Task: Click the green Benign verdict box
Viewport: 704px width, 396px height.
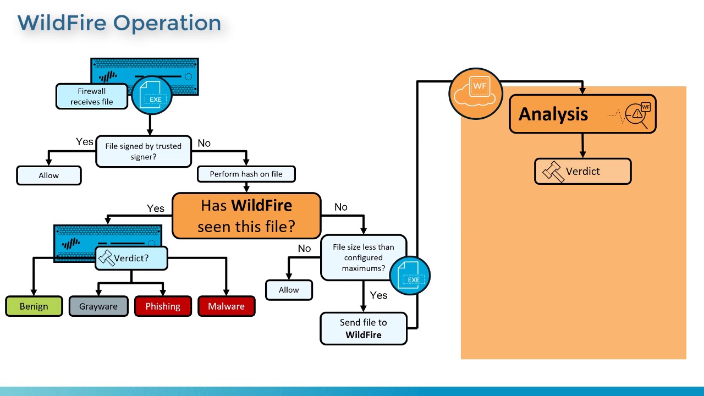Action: tap(34, 306)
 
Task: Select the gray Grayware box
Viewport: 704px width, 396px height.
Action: tap(98, 306)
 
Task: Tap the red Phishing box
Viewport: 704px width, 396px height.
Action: tap(163, 306)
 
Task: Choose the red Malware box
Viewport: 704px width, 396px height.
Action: tap(226, 306)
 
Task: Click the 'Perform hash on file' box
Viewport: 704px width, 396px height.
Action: tap(246, 174)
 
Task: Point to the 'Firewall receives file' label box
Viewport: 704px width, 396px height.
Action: tap(91, 96)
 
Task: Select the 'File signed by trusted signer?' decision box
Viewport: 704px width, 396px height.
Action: tap(144, 151)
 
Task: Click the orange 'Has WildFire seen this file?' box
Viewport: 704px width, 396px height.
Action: tap(246, 216)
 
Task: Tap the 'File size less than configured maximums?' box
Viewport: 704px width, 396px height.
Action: tap(363, 257)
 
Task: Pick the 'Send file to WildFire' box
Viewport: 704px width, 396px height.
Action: tap(363, 328)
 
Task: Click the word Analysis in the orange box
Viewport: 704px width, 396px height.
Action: tap(553, 114)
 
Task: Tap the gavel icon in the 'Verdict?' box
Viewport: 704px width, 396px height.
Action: tap(106, 257)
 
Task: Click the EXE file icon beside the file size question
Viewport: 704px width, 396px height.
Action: tap(410, 276)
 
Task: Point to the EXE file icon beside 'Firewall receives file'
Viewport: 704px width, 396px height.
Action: tap(152, 95)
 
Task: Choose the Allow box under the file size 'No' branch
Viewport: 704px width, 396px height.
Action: tap(289, 290)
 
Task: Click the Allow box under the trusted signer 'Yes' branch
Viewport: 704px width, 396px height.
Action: tap(49, 175)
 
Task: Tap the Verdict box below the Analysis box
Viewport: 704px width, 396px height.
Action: tap(582, 172)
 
